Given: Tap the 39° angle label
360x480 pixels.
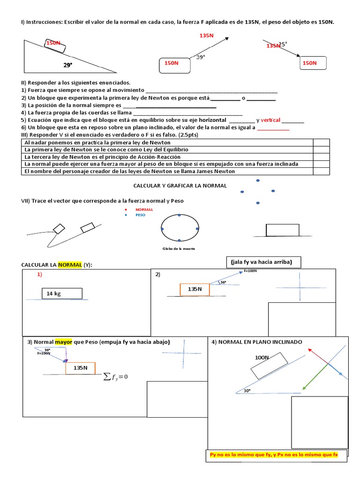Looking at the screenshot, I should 201,57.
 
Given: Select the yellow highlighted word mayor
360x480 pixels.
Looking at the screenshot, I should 63,342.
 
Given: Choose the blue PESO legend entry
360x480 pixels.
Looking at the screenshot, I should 140,215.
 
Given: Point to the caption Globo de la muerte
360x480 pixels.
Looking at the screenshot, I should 179,249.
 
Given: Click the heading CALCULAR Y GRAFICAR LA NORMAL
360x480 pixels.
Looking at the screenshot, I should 180,186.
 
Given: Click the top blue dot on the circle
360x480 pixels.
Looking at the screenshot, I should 179,215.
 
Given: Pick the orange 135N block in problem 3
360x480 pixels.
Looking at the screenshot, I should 80,368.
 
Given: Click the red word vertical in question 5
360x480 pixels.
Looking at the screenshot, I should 270,120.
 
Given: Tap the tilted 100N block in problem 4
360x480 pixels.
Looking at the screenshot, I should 270,365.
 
